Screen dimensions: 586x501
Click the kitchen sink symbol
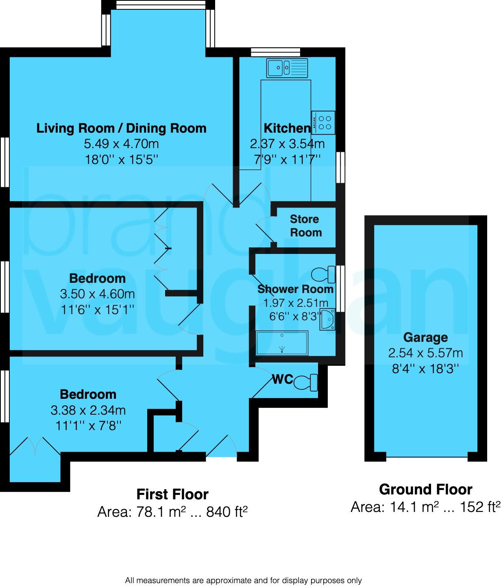288,68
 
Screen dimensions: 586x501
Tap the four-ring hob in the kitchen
324,122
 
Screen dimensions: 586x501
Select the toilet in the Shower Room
323,275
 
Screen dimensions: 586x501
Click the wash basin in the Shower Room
327,319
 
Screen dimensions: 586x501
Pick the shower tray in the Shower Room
282,343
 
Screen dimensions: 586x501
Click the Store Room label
305,226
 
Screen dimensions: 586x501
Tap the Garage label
425,337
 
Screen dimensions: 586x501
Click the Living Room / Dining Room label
122,128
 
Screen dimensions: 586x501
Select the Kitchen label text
287,128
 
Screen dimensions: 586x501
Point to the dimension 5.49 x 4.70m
122,144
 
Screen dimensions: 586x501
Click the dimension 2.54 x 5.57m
425,353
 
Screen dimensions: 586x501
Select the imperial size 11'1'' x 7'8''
88,426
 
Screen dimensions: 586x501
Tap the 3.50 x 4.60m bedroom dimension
97,294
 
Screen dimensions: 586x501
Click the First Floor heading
172,494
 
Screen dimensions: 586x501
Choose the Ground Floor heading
425,489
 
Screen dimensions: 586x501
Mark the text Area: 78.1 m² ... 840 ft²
172,512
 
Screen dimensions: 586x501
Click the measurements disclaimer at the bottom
243,580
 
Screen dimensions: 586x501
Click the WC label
283,379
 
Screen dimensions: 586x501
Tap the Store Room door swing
264,230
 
